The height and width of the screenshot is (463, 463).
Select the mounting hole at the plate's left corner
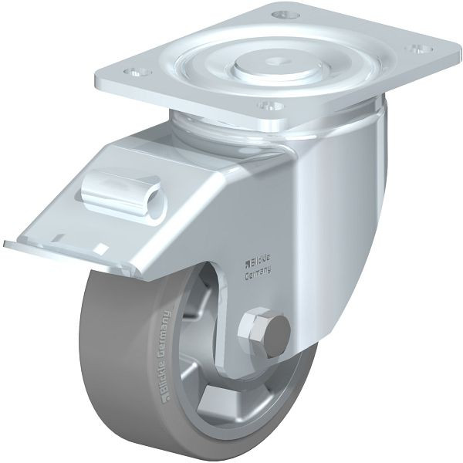tap(137, 72)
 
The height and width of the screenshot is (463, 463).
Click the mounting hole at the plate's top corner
tap(286, 14)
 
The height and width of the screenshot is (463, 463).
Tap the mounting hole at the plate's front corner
tap(269, 105)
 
